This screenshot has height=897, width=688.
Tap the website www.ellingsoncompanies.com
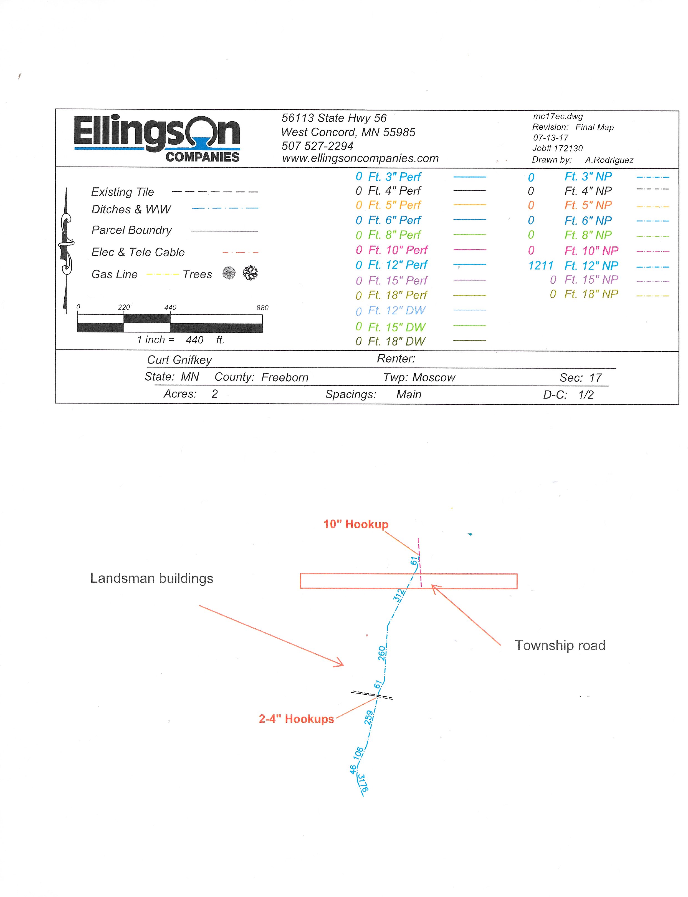click(360, 158)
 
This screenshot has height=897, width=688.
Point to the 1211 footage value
click(541, 266)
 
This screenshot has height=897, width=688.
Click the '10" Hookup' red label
click(356, 524)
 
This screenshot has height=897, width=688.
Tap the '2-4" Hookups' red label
click(297, 719)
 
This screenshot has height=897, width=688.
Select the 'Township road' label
click(560, 646)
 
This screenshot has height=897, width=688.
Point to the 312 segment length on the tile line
click(399, 595)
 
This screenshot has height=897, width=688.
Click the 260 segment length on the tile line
click(382, 653)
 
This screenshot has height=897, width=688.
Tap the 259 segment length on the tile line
click(369, 718)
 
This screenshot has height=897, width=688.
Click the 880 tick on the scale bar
click(262, 308)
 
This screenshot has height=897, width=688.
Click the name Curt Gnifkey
click(179, 360)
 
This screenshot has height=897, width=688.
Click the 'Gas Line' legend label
click(115, 274)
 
